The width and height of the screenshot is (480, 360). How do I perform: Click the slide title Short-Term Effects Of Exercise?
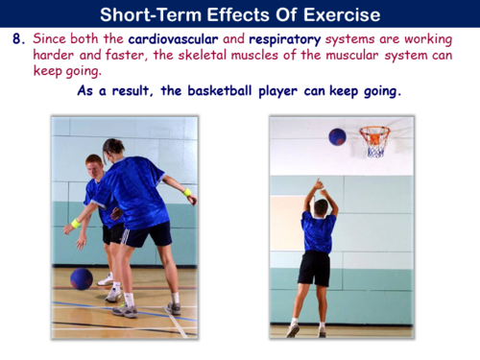pyautogui.click(x=240, y=14)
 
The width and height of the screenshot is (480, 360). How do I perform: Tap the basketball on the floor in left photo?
pyautogui.click(x=82, y=278)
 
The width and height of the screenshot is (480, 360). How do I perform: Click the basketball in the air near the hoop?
pyautogui.click(x=337, y=137)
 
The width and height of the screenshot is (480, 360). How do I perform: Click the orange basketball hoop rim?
pyautogui.click(x=374, y=132)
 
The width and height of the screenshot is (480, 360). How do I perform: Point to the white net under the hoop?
pyautogui.click(x=375, y=146)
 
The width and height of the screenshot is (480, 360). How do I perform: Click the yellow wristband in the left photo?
pyautogui.click(x=76, y=223)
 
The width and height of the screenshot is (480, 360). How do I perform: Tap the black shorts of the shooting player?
pyautogui.click(x=314, y=268)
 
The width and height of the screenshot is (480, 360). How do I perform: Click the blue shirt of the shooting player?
pyautogui.click(x=317, y=231)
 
